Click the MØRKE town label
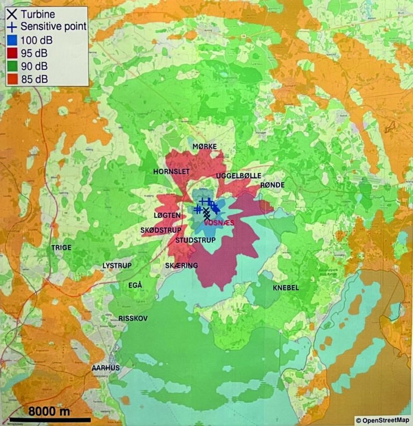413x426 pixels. tap(204, 147)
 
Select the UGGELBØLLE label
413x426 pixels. tap(238, 176)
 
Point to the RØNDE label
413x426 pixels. tap(272, 185)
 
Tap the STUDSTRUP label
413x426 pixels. tap(195, 240)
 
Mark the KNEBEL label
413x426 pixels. tap(286, 288)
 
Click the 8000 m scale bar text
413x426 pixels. tap(49, 411)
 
